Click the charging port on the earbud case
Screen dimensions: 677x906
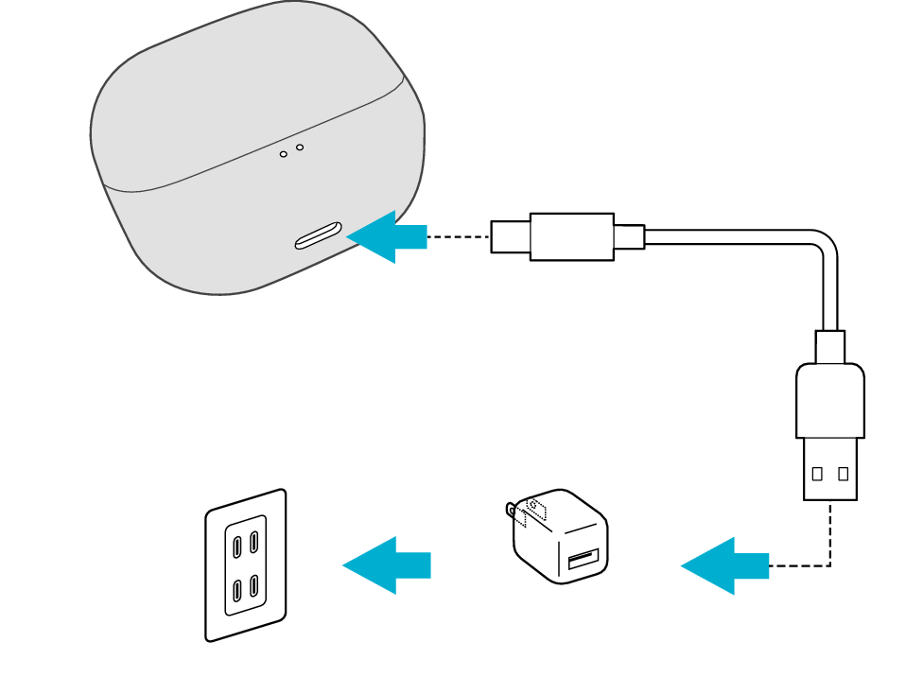(318, 235)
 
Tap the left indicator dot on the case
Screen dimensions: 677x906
(284, 153)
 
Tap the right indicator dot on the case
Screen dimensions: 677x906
(300, 147)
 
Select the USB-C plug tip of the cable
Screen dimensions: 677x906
(510, 236)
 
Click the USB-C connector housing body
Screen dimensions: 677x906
(571, 236)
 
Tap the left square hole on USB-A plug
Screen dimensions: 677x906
(817, 474)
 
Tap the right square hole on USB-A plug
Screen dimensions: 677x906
(843, 474)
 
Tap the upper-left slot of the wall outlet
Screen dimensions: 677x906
(236, 545)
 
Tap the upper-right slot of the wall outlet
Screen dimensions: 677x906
(254, 542)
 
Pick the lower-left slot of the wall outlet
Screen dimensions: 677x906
(236, 591)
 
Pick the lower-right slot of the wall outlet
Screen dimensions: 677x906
(254, 586)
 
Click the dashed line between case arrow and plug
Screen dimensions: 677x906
(459, 236)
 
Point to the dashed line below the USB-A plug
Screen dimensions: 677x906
(830, 534)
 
